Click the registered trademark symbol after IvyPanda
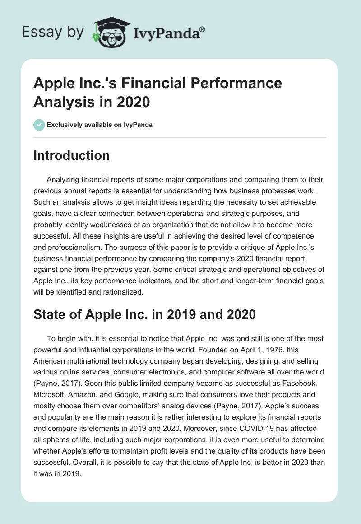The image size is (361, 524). (203, 30)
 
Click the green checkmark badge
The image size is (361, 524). (39, 125)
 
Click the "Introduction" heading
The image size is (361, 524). (72, 155)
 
